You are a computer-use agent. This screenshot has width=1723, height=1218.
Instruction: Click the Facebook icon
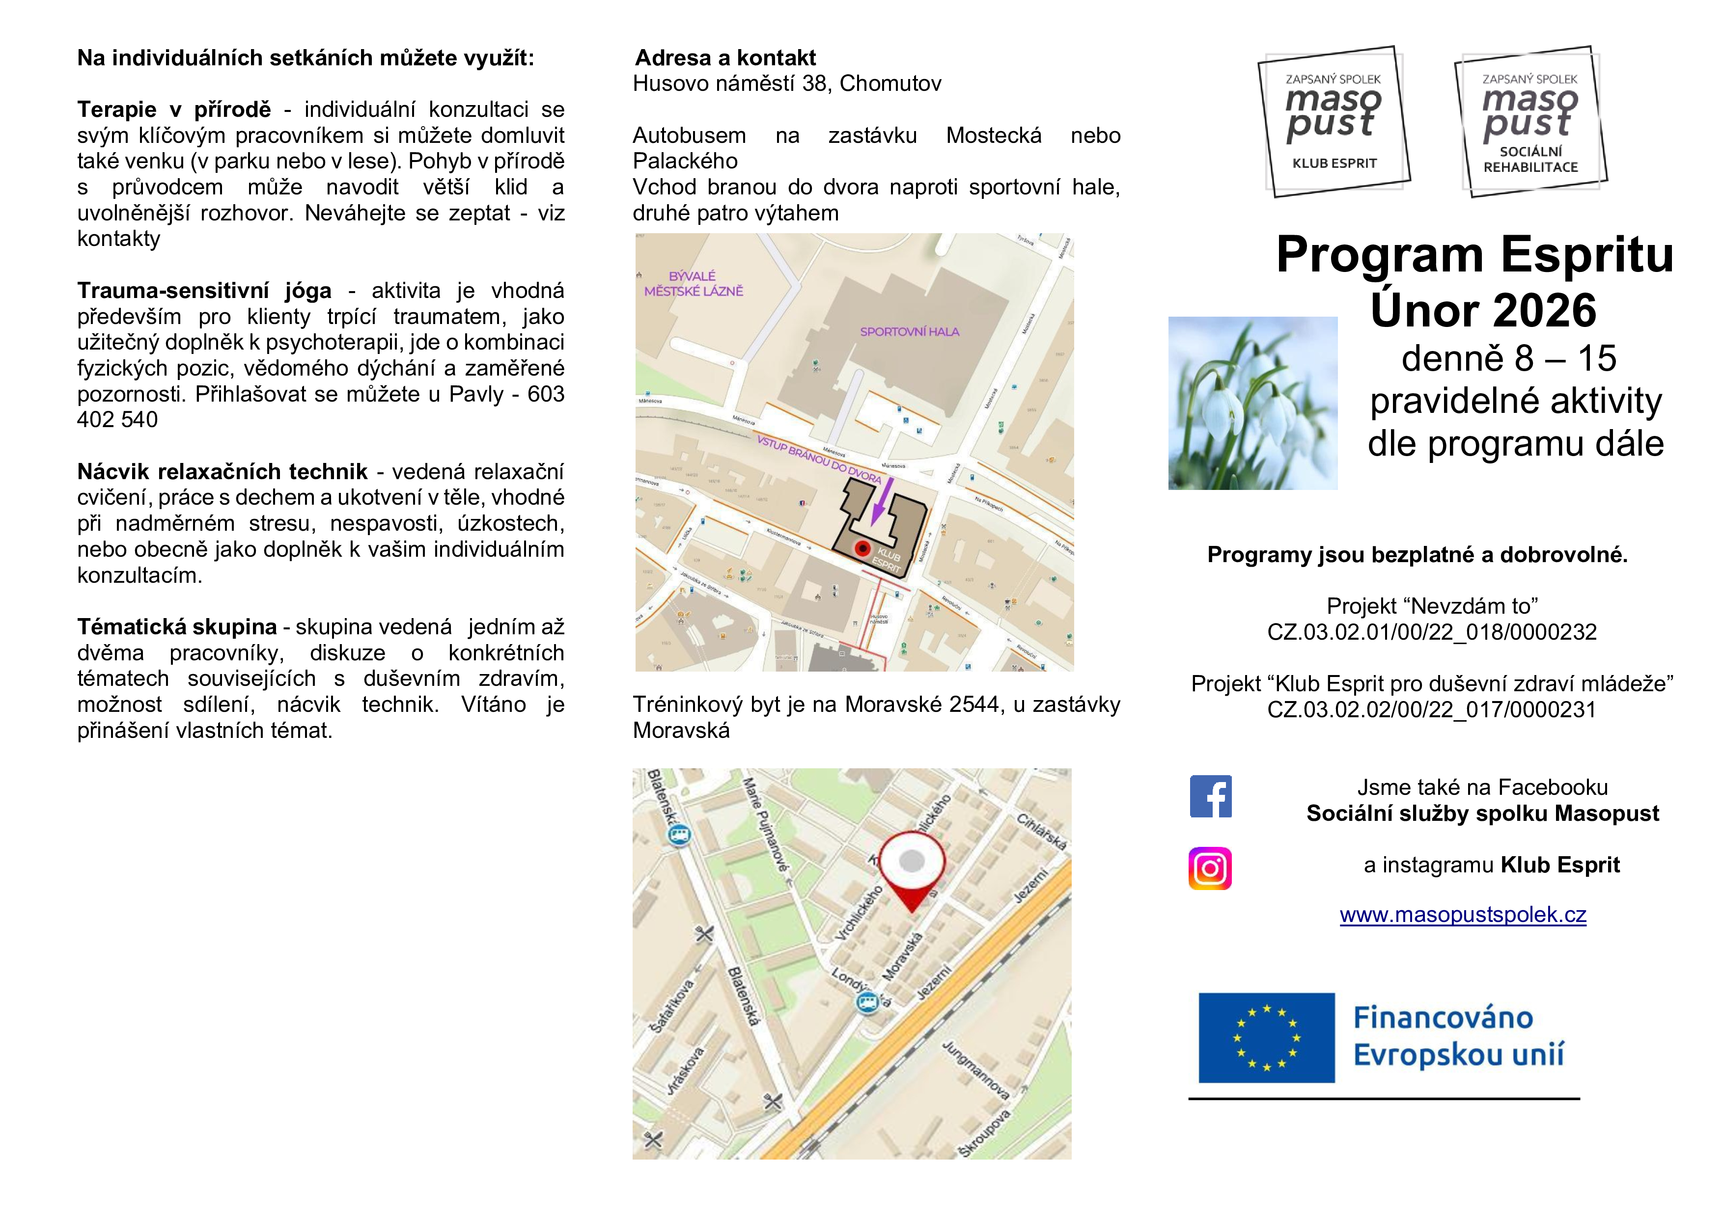coord(1210,796)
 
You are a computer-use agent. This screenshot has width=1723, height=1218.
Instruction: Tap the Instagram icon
coord(1210,868)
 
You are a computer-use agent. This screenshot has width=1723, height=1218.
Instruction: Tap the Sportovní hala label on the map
coord(910,331)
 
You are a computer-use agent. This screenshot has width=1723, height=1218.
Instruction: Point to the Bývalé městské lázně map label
coord(694,283)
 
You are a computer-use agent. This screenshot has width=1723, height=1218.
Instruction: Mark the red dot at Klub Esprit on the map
coord(863,548)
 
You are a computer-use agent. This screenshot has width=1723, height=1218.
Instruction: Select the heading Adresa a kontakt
coord(725,58)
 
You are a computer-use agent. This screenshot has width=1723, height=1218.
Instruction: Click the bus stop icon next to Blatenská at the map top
coord(679,835)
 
